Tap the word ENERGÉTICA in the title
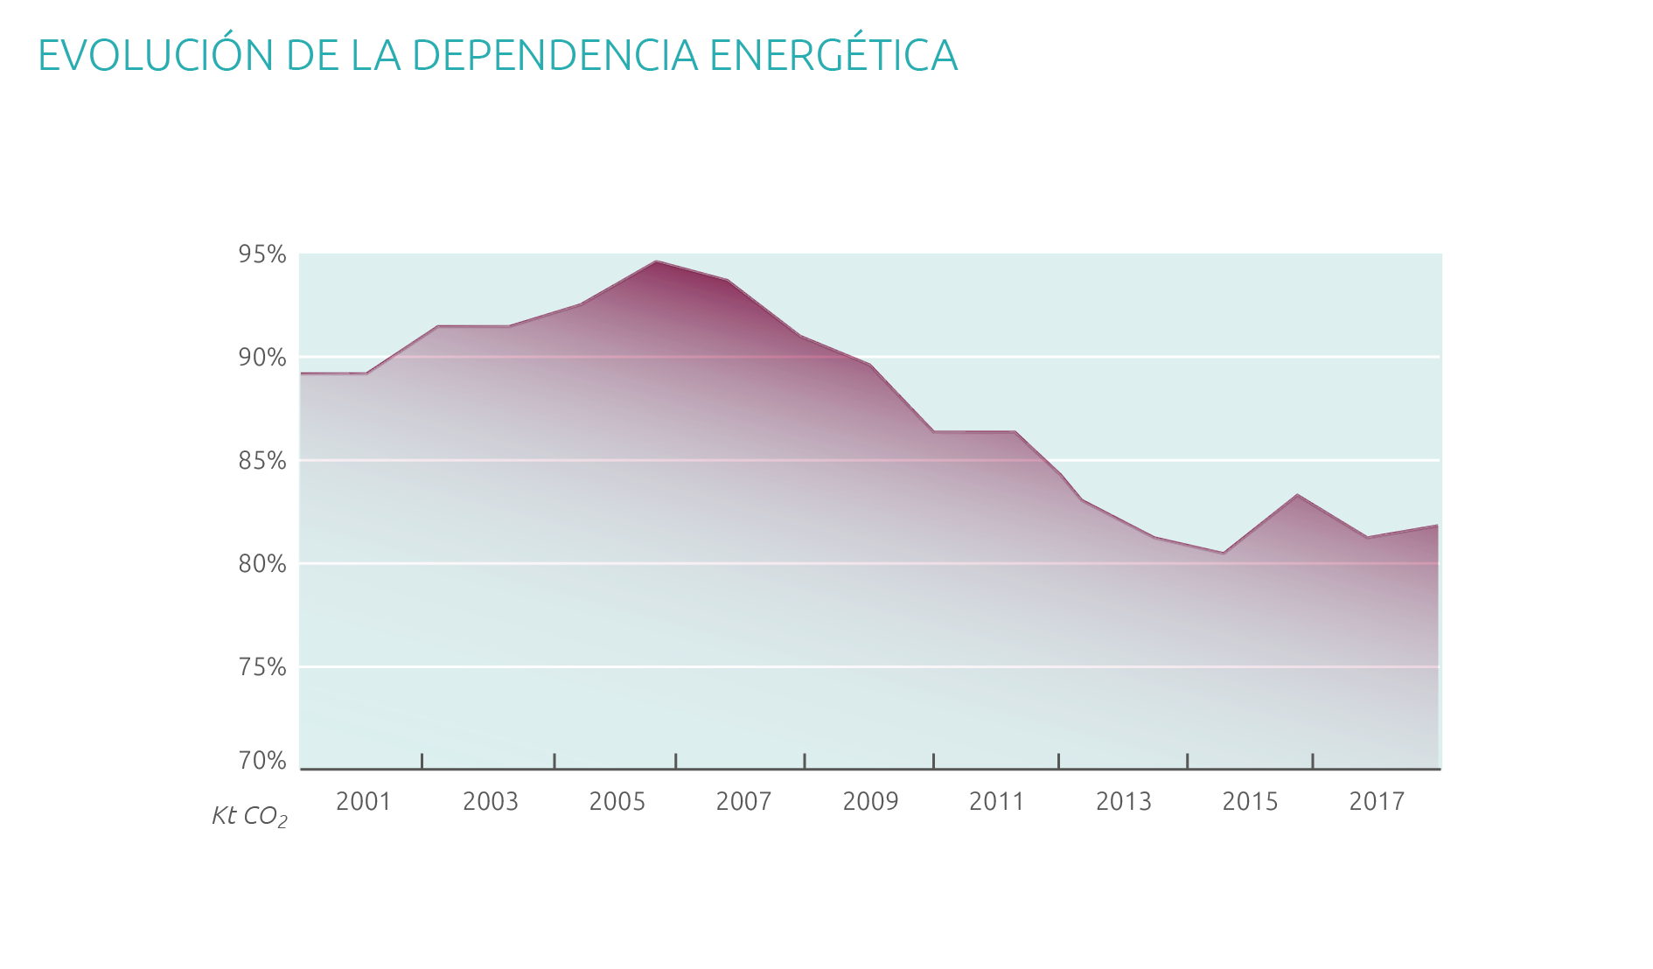point(833,56)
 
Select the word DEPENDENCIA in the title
point(554,56)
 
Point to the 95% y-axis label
point(262,254)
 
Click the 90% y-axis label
point(262,358)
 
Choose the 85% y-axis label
point(262,461)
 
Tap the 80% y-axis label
point(262,564)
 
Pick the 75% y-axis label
point(262,667)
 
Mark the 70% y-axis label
point(262,761)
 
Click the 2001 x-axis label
point(363,802)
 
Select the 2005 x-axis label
point(617,802)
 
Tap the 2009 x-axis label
point(870,802)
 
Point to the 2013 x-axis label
point(1124,802)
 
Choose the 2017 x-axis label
point(1377,802)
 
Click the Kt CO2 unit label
point(249,817)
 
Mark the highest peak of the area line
point(656,261)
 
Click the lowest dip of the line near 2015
point(1224,553)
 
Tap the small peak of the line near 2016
point(1297,495)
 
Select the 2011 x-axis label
point(996,802)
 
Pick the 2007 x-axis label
point(743,802)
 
